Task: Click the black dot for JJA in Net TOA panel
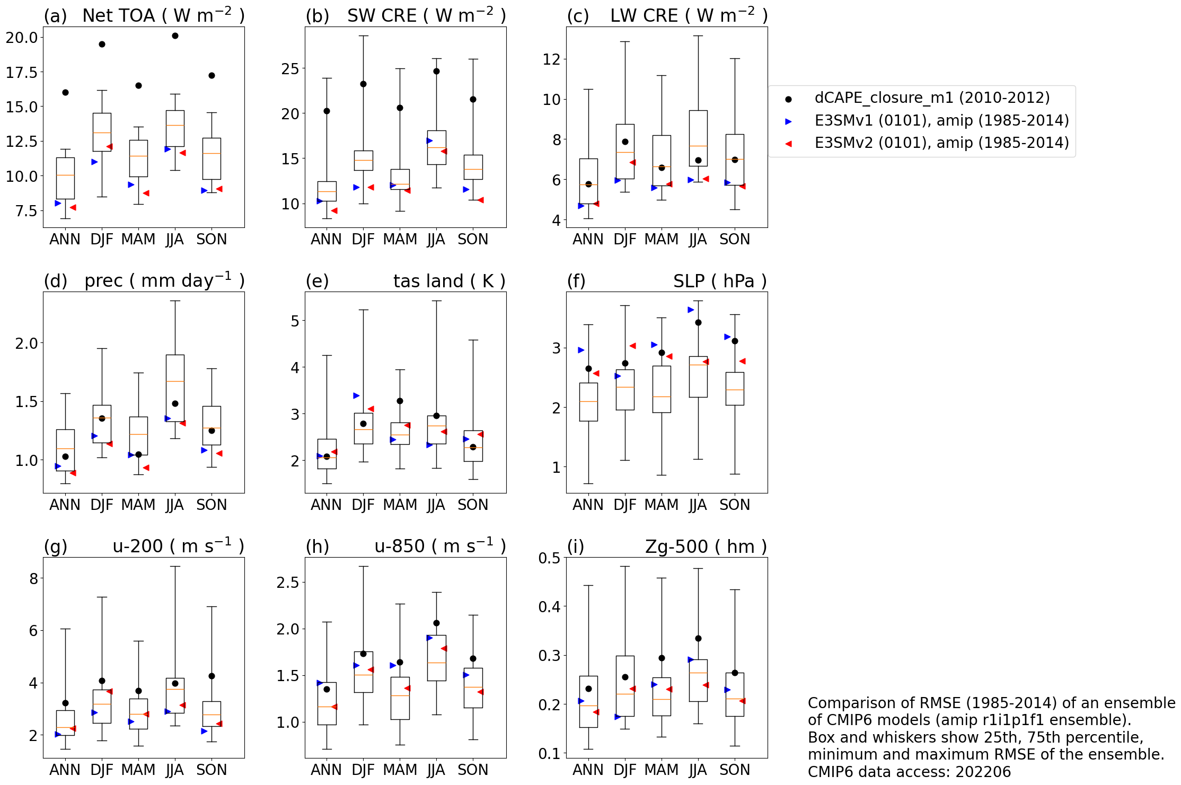click(x=175, y=36)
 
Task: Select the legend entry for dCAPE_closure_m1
click(x=931, y=98)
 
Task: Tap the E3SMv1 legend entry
click(x=941, y=121)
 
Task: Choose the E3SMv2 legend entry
click(x=941, y=143)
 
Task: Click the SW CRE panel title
click(x=426, y=16)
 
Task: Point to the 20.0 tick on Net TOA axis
click(x=22, y=38)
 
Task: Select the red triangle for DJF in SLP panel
click(x=632, y=346)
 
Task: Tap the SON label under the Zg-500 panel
click(x=735, y=770)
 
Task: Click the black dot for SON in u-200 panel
click(x=211, y=676)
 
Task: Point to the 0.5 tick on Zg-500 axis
click(x=549, y=558)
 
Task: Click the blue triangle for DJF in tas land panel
click(x=356, y=395)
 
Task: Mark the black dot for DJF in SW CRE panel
click(x=363, y=84)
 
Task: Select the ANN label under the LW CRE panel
click(x=588, y=240)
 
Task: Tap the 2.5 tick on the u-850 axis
click(x=288, y=583)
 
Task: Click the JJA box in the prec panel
click(x=175, y=388)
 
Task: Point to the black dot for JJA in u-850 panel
click(x=436, y=623)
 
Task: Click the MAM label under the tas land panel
click(x=400, y=505)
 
